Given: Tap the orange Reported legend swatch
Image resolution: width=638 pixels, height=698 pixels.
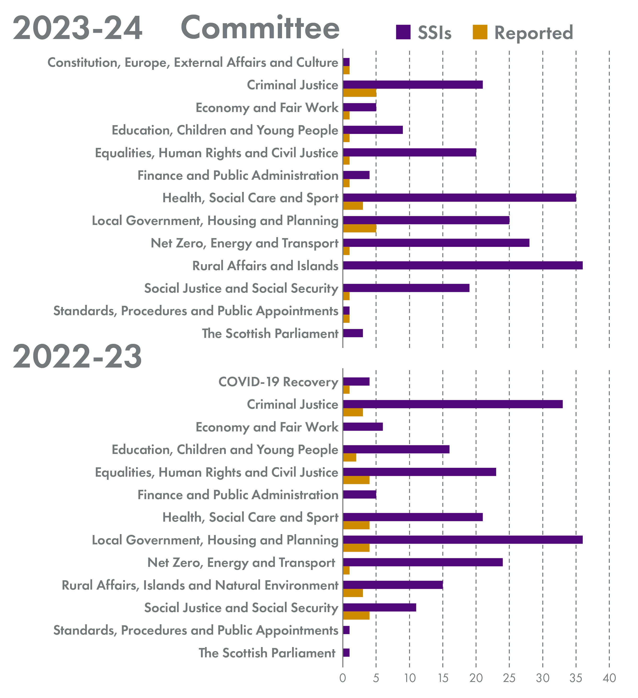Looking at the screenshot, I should [480, 32].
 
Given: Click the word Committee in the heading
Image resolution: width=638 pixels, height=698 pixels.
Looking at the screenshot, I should [260, 28].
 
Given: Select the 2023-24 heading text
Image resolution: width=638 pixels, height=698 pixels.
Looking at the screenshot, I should [78, 28].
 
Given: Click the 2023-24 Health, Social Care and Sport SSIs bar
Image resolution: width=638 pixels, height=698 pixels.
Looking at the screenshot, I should [459, 198].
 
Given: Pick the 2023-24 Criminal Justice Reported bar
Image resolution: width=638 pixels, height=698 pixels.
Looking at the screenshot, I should [360, 93].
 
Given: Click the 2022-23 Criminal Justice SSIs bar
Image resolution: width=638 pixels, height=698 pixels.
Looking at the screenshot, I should [453, 404].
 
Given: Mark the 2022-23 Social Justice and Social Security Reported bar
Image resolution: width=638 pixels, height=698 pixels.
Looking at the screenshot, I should [356, 616].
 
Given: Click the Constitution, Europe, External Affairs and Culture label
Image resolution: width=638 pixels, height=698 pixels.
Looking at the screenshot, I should [193, 63].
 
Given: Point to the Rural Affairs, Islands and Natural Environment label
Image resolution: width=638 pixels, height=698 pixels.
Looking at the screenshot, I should [200, 585].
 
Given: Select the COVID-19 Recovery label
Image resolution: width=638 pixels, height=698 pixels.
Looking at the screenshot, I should [278, 382].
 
